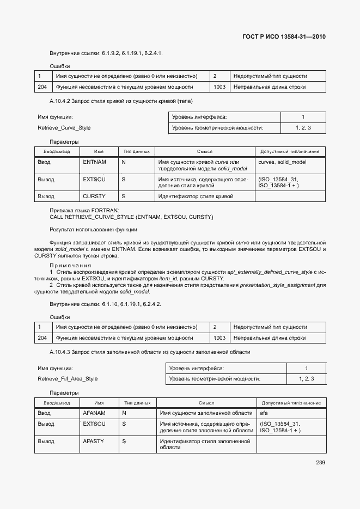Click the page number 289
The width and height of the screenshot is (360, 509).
(x=320, y=463)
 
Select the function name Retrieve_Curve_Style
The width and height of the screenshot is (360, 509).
(x=64, y=128)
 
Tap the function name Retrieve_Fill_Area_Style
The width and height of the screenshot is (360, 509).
(x=68, y=379)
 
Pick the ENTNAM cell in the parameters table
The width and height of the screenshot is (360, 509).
(x=94, y=162)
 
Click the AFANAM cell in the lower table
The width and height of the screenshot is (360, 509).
(x=94, y=413)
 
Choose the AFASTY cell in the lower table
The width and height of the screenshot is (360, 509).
(x=93, y=441)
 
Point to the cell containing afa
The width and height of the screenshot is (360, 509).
(x=264, y=413)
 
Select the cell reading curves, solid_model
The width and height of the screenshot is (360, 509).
(x=282, y=162)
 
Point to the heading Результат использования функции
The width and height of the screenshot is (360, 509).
(x=93, y=230)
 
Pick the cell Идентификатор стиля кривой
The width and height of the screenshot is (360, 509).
(x=195, y=196)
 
